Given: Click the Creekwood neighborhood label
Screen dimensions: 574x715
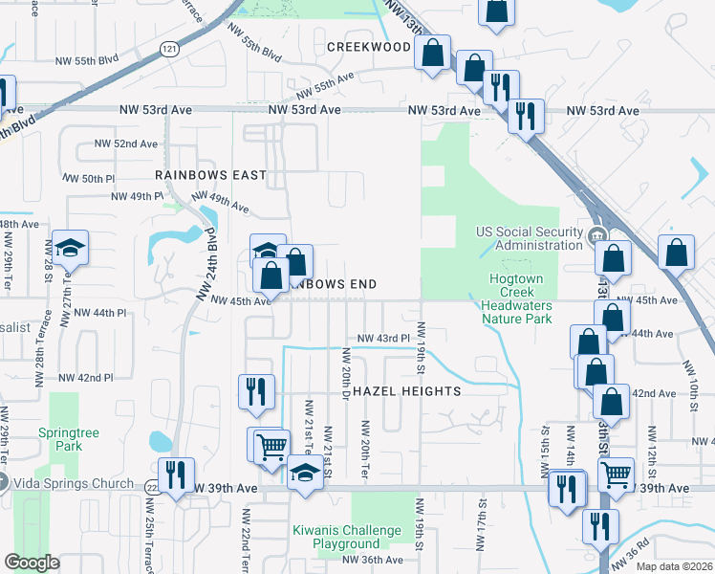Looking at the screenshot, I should (x=368, y=47).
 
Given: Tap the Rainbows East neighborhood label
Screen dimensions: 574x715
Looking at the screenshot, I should (x=210, y=176).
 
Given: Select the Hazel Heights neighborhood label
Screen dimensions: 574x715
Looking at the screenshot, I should (x=407, y=391).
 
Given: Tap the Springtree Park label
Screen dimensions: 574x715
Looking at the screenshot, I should (x=62, y=439).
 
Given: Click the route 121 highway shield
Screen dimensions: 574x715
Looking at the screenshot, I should (x=169, y=49).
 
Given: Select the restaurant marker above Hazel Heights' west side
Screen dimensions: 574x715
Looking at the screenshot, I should (x=255, y=391).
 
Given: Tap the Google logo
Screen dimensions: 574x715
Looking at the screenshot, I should (x=32, y=563).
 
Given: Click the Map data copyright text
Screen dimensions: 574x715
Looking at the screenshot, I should (x=675, y=566).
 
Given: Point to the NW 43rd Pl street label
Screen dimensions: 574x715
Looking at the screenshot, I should (x=383, y=339).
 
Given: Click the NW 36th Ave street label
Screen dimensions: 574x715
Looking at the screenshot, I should (x=374, y=560).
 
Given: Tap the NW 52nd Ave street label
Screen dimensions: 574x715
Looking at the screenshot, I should (x=125, y=143).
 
